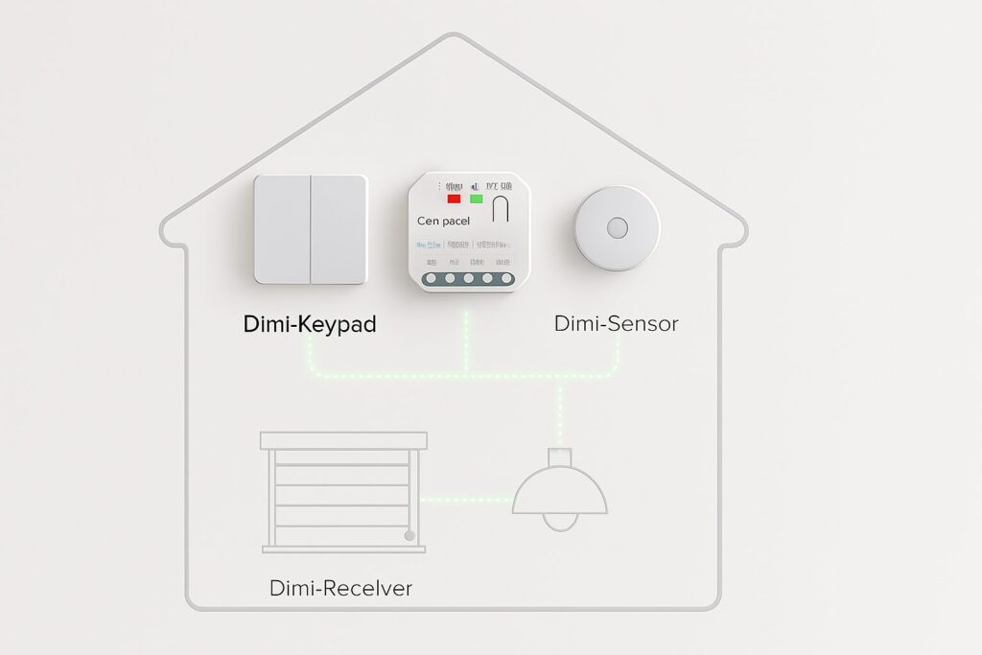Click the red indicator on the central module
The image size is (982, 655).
point(454,199)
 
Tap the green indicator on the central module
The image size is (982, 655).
point(475,199)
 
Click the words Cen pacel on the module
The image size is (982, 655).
point(444,221)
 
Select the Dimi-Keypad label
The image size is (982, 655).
point(310,324)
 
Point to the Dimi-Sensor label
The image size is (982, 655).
point(616,324)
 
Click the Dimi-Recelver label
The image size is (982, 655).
point(340,588)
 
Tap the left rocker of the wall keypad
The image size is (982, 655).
point(282,229)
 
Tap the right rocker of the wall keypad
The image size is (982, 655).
point(338,229)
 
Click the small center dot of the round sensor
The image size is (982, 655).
point(617,227)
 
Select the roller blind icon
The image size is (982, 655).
point(343,492)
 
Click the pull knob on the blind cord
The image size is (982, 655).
point(410,537)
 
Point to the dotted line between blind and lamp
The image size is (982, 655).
point(470,499)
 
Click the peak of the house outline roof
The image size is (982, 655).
point(452,35)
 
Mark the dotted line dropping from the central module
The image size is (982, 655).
point(466,340)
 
